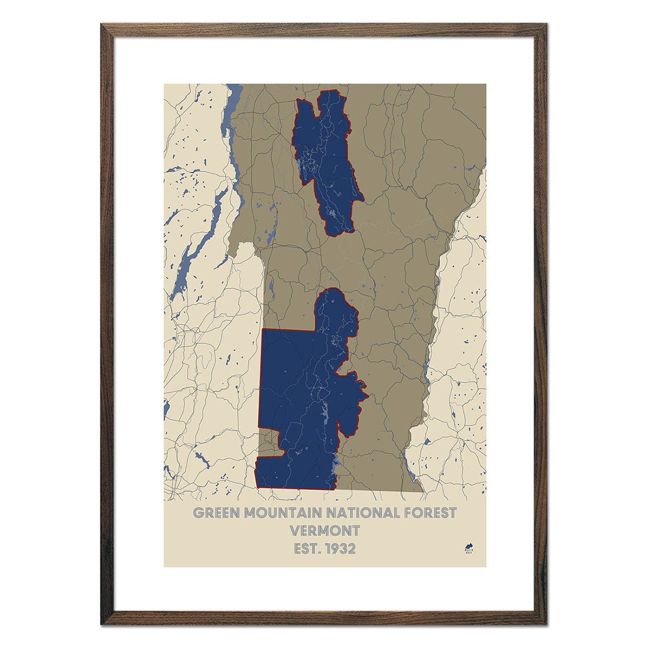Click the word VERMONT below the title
click(x=325, y=531)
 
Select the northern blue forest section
click(x=325, y=157)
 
